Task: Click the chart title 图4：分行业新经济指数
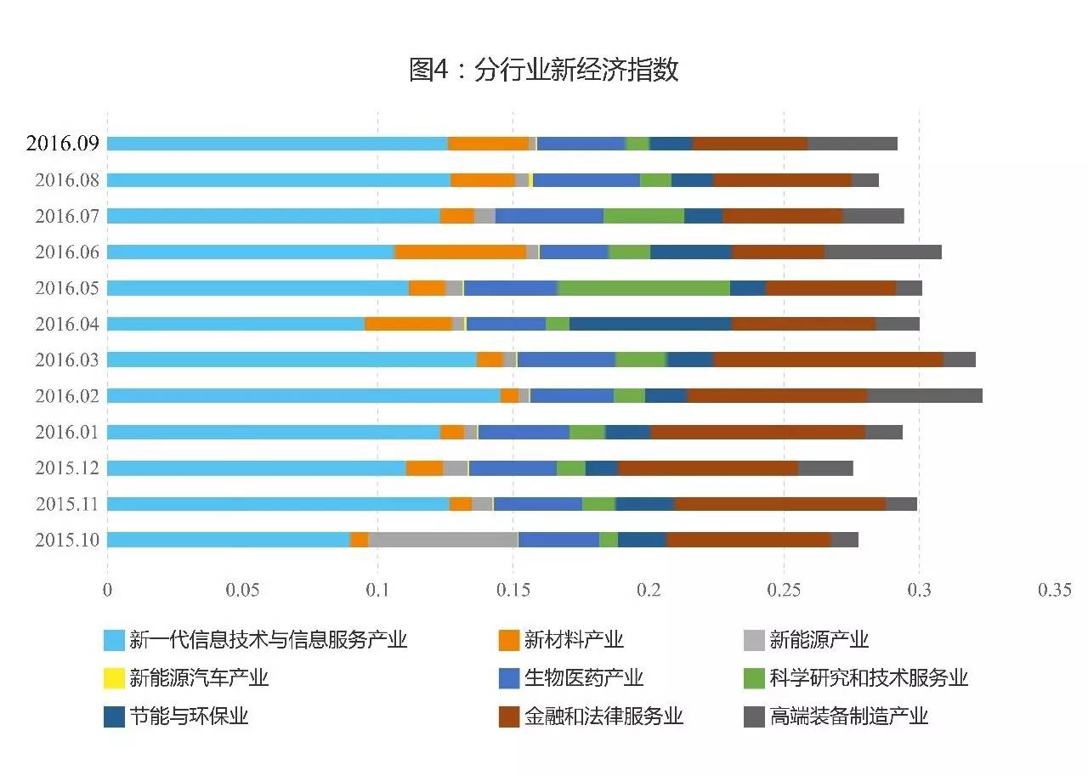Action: [544, 70]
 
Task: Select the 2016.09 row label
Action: [63, 143]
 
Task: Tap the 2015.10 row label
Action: [67, 541]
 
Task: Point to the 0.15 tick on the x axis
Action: [513, 591]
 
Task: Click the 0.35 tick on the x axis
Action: [1054, 591]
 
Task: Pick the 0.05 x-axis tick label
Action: [242, 591]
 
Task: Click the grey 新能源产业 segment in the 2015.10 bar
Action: [443, 540]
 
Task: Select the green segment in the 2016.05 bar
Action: [643, 287]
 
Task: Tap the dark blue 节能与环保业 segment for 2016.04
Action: [650, 324]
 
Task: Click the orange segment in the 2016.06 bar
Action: [460, 252]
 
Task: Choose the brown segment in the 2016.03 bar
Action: [828, 360]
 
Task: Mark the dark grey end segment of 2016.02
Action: [925, 395]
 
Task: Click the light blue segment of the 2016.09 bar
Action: [277, 144]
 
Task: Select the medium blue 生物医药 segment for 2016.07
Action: [549, 216]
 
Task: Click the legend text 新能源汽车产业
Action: [199, 678]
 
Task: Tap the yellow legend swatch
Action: [114, 678]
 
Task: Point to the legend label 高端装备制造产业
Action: [848, 717]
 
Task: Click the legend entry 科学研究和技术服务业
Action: [869, 678]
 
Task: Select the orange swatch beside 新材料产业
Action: [509, 640]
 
